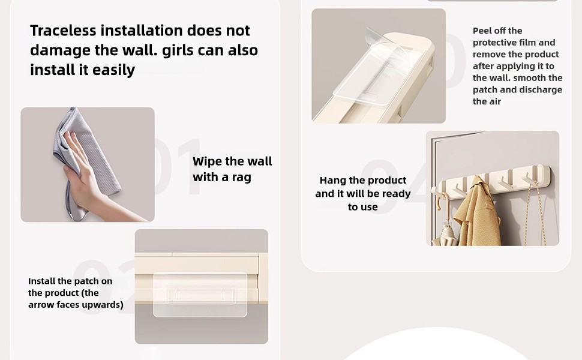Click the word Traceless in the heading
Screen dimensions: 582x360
pyautogui.click(x=63, y=31)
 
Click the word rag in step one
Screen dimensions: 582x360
pyautogui.click(x=242, y=178)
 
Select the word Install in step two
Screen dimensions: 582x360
pyautogui.click(x=42, y=281)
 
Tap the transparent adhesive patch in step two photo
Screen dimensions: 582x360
pyautogui.click(x=200, y=295)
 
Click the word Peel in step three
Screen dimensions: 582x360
pyautogui.click(x=482, y=31)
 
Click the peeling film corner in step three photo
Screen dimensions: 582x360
pyautogui.click(x=371, y=34)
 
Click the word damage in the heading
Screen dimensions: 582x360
pyautogui.click(x=60, y=51)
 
